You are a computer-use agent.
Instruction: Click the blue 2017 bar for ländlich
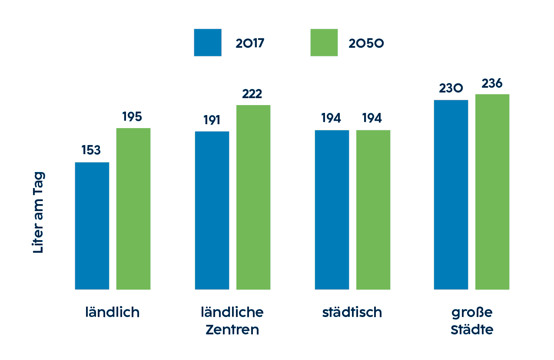click(92, 226)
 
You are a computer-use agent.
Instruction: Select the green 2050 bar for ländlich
click(133, 209)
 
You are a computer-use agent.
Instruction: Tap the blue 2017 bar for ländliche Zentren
click(212, 210)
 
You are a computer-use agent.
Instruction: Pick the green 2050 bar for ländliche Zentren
click(253, 197)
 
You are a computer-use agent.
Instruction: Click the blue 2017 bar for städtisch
click(332, 210)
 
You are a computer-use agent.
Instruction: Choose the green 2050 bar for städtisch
click(373, 210)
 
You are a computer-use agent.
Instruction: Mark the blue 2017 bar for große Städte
click(451, 195)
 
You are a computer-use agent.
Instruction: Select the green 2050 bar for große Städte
click(492, 192)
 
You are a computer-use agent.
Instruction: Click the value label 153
click(91, 150)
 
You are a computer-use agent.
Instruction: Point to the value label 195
click(132, 117)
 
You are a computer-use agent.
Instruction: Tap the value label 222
click(252, 94)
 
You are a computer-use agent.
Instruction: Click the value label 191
click(212, 120)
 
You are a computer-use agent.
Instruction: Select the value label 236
click(492, 83)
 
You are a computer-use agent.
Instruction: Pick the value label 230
click(451, 89)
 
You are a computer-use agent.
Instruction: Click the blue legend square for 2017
click(208, 43)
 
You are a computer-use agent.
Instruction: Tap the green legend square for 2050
click(324, 43)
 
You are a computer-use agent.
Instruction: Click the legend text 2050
click(366, 43)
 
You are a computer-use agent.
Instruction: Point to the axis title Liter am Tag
click(39, 213)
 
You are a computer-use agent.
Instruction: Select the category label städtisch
click(352, 312)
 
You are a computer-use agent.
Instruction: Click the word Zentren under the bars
click(232, 330)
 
